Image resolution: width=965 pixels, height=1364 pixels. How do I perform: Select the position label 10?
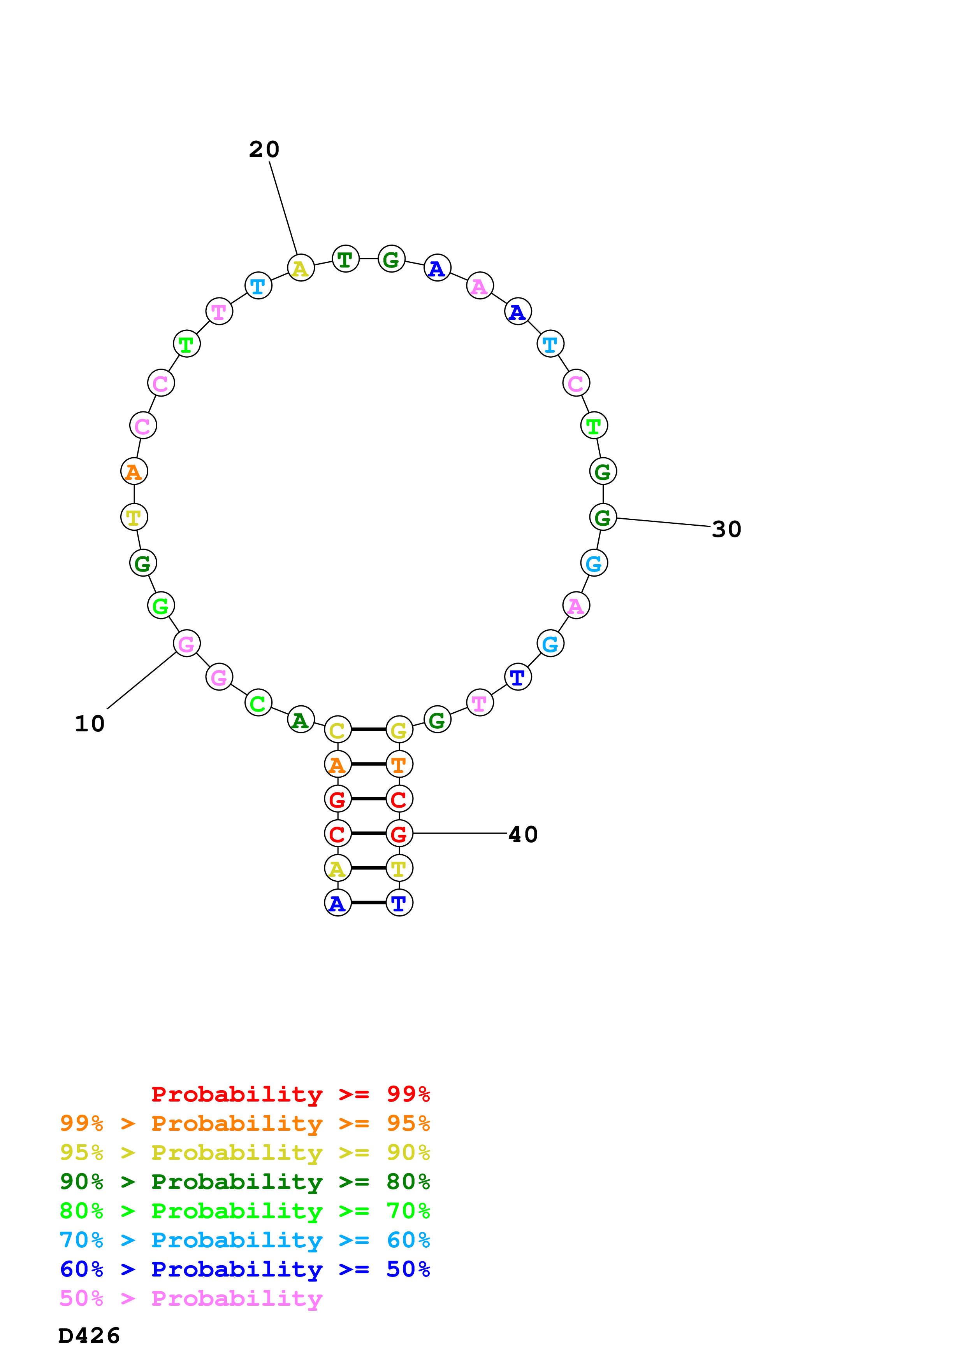tap(90, 724)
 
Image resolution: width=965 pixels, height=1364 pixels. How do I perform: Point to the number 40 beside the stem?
tap(523, 835)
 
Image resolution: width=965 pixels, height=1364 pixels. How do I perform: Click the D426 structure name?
tap(89, 1336)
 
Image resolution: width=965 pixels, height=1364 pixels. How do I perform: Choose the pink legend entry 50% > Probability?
tap(191, 1299)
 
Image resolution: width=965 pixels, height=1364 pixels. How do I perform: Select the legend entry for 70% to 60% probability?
tap(244, 1240)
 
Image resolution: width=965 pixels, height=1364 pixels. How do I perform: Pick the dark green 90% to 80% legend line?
tap(244, 1182)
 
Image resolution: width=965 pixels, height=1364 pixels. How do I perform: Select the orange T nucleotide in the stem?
tap(399, 764)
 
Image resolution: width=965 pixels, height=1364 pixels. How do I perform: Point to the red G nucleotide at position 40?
tap(399, 834)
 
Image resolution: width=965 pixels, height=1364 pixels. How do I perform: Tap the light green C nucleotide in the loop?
tap(258, 703)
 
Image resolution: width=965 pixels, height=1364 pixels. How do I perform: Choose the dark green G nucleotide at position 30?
tap(603, 518)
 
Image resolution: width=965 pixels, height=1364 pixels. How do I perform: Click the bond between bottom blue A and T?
tap(369, 903)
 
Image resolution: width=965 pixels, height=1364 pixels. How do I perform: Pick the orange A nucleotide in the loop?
tap(134, 472)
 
